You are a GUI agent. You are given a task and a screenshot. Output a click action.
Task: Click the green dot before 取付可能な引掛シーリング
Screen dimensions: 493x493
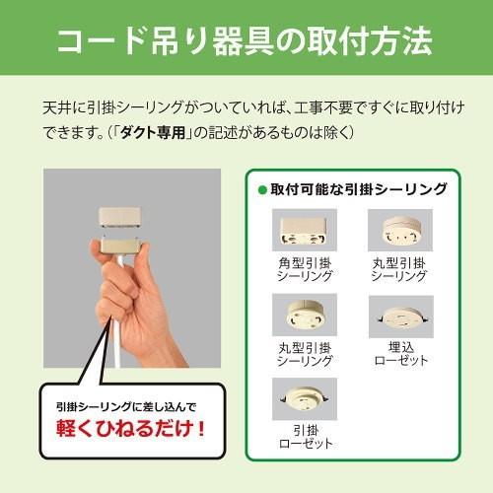pos(262,189)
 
